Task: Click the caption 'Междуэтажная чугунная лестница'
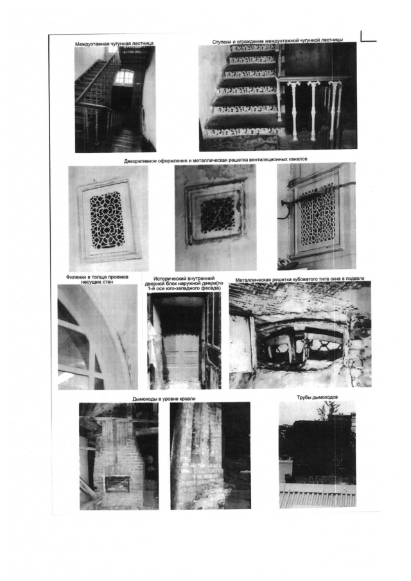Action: pos(114,44)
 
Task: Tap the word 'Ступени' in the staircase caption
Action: pos(222,42)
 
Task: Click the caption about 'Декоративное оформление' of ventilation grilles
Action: pos(216,160)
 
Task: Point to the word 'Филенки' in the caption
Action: pos(76,277)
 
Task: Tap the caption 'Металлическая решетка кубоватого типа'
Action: pos(300,279)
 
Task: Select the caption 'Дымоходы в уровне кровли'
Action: pos(164,399)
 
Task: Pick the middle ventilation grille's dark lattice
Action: pos(218,214)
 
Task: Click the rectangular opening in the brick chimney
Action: pos(118,483)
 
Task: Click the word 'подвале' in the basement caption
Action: pos(355,278)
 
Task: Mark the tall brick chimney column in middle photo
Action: pos(197,456)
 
